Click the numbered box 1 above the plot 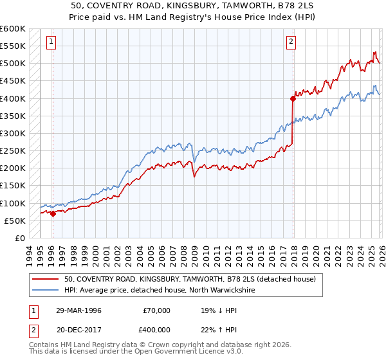(51, 42)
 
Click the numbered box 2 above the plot (291, 42)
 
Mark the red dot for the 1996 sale (53, 214)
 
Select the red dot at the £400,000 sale (293, 98)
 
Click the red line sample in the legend (46, 280)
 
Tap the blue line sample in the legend (46, 291)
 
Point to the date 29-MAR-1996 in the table (78, 310)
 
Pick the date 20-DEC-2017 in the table (78, 328)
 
